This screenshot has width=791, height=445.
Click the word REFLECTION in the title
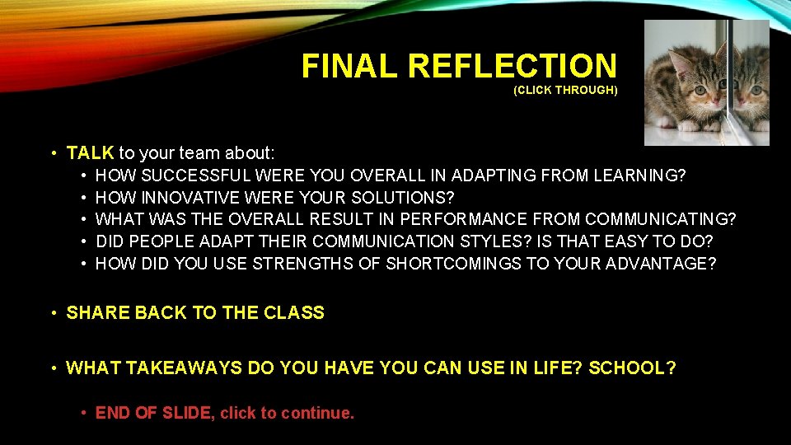tap(512, 66)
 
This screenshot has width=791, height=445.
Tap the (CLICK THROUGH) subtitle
tap(564, 90)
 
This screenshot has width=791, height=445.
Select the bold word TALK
tap(90, 153)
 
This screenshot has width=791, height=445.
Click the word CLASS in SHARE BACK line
tap(297, 313)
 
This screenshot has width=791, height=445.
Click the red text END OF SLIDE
tap(153, 413)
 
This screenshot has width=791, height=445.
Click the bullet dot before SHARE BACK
tap(53, 313)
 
